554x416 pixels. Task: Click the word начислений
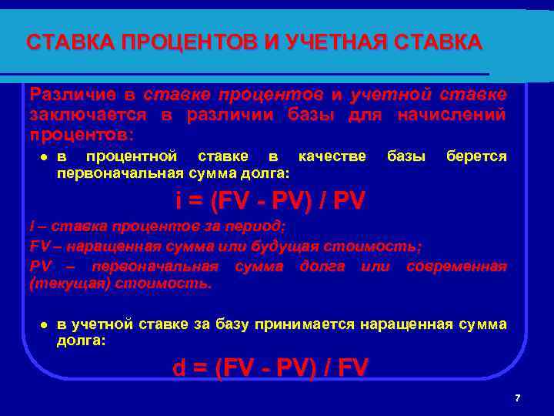click(452, 115)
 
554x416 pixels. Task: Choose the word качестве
click(332, 156)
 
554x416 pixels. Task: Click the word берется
click(476, 156)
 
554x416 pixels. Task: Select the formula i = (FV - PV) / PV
click(270, 201)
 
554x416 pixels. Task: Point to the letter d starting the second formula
click(179, 368)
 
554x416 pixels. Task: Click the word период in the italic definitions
click(261, 226)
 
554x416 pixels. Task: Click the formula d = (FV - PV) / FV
click(270, 368)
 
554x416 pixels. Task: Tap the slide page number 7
click(517, 398)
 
